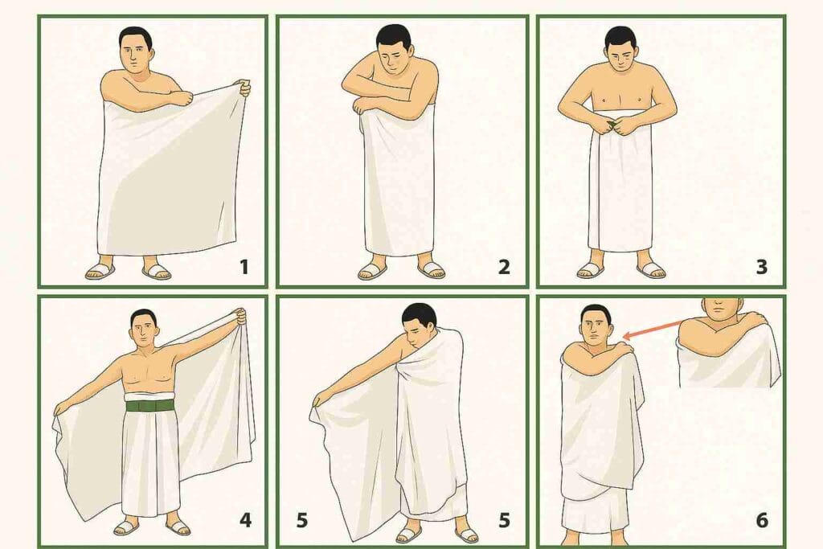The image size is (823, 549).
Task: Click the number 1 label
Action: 244,267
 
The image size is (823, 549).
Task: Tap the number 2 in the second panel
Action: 504,267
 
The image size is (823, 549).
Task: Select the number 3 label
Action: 762,267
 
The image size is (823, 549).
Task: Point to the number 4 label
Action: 245,520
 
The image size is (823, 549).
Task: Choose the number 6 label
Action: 762,520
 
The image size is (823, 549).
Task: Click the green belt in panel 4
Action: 150,406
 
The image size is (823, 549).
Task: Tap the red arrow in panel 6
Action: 653,330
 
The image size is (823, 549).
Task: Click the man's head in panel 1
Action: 135,49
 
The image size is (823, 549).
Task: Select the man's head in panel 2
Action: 394,49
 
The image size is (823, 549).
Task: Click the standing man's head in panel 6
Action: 595,326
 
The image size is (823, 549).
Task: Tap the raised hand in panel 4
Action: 240,317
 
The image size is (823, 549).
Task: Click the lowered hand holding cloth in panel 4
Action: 60,408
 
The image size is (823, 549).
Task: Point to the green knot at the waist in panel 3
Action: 613,125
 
